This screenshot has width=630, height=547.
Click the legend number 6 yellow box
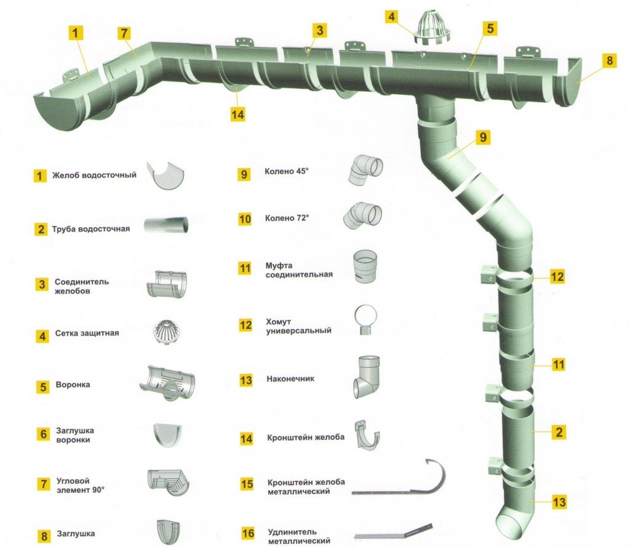(43, 434)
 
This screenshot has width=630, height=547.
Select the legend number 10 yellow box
(245, 219)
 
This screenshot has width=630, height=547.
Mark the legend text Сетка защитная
(86, 333)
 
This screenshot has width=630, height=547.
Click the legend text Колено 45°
(286, 172)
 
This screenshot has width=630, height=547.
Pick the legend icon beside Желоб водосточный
(166, 176)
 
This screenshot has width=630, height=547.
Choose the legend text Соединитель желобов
(82, 286)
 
